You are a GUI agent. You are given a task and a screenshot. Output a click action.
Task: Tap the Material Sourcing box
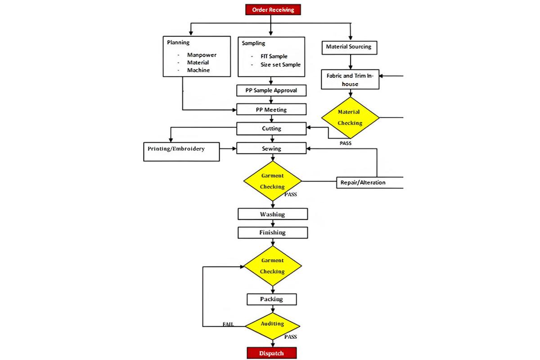(x=349, y=47)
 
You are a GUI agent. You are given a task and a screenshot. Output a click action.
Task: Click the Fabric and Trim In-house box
(x=350, y=80)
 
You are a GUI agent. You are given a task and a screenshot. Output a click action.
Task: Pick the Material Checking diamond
(x=350, y=117)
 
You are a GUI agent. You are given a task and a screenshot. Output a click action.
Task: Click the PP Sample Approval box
(x=271, y=90)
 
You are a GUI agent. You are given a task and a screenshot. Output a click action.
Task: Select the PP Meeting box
(x=271, y=109)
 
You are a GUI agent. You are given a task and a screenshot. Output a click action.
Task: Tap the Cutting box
(x=271, y=129)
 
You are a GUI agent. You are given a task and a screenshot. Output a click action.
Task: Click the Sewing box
(x=271, y=148)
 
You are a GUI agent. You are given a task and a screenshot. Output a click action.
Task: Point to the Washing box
(x=273, y=214)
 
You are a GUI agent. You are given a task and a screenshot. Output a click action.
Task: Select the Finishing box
(x=273, y=233)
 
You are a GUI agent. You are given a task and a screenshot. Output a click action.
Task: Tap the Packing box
(x=272, y=299)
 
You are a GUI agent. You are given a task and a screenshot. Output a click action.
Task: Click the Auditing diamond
(x=272, y=324)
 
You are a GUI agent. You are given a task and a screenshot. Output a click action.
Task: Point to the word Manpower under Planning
(x=202, y=55)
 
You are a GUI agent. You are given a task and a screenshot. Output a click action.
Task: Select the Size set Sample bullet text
(x=280, y=64)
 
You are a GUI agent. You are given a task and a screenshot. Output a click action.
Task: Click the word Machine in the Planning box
(x=198, y=70)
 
